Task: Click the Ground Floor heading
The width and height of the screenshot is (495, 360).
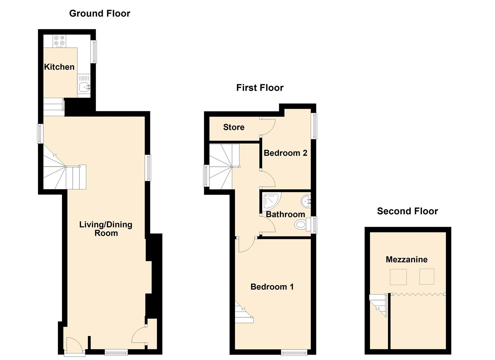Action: (x=100, y=13)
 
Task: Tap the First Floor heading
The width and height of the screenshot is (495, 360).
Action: (x=260, y=88)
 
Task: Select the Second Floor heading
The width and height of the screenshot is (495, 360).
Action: (x=407, y=211)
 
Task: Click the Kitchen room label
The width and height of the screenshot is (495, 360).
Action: (x=59, y=67)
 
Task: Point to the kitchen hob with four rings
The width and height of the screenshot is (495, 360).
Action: (x=59, y=41)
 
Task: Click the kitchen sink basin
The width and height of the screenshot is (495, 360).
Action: (x=85, y=87)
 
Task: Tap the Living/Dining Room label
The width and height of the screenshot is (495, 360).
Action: (x=106, y=229)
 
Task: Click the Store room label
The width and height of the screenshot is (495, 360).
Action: (x=234, y=127)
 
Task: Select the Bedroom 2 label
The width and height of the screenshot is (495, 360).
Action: (x=286, y=153)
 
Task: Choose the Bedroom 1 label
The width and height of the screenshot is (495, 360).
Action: (x=272, y=287)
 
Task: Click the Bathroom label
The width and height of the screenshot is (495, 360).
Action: (x=286, y=214)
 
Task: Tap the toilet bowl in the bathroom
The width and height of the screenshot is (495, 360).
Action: (x=301, y=225)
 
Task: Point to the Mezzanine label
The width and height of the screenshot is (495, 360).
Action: (x=407, y=259)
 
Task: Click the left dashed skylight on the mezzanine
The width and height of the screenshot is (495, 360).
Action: (x=398, y=277)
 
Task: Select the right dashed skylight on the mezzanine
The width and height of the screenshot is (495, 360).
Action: (x=427, y=276)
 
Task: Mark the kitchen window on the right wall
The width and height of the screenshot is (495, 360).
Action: (x=94, y=51)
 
